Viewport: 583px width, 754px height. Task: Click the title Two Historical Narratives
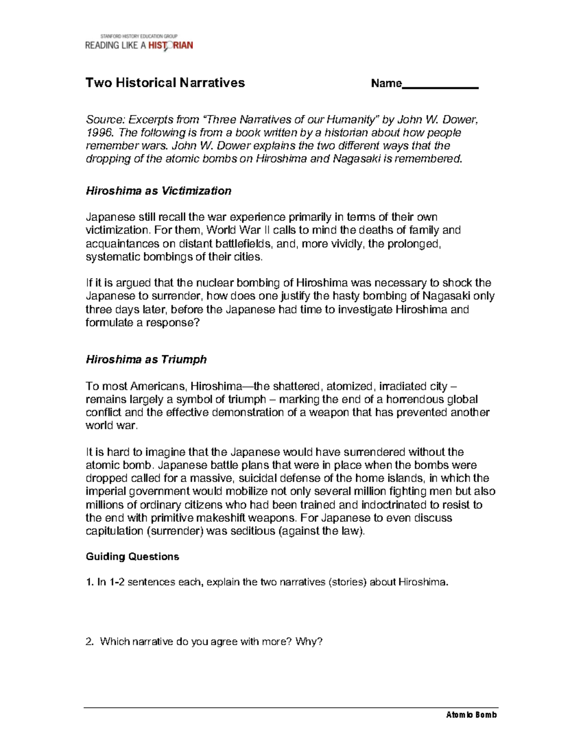[165, 83]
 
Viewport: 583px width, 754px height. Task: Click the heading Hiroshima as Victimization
[158, 191]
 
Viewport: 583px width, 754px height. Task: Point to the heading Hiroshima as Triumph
[146, 360]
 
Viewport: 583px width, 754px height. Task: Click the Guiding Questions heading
[132, 557]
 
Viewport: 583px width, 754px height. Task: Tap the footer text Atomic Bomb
[471, 715]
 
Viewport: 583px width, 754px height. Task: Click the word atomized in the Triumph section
[349, 386]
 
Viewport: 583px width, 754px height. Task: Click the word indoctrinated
[395, 505]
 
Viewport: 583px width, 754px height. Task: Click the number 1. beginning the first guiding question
[89, 582]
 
